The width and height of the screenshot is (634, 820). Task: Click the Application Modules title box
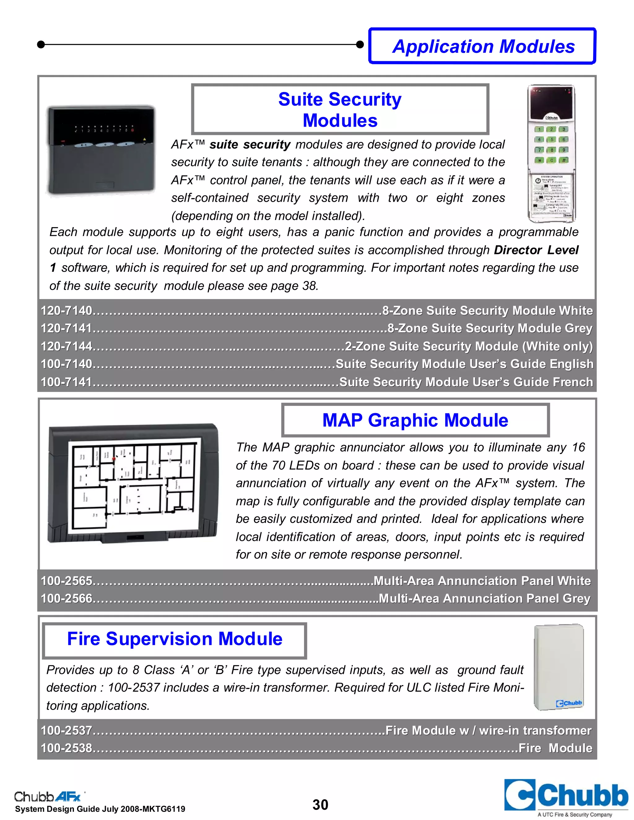[x=483, y=46]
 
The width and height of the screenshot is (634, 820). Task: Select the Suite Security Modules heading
[x=340, y=110]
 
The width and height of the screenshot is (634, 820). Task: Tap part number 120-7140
[x=67, y=311]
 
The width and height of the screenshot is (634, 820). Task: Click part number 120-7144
[x=67, y=346]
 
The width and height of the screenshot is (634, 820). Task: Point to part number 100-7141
[x=67, y=382]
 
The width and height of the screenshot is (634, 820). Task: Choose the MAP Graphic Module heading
[x=415, y=420]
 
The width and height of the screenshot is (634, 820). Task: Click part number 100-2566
[x=67, y=598]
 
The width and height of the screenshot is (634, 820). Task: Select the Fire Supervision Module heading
[x=175, y=639]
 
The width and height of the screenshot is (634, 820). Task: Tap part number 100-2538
[x=67, y=748]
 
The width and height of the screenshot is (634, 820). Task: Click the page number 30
[x=320, y=805]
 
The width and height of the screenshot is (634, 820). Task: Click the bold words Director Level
[x=536, y=250]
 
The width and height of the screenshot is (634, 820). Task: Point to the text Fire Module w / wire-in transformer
[x=488, y=730]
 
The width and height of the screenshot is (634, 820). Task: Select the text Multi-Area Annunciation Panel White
[x=482, y=581]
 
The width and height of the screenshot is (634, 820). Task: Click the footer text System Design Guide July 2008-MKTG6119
[x=100, y=809]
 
